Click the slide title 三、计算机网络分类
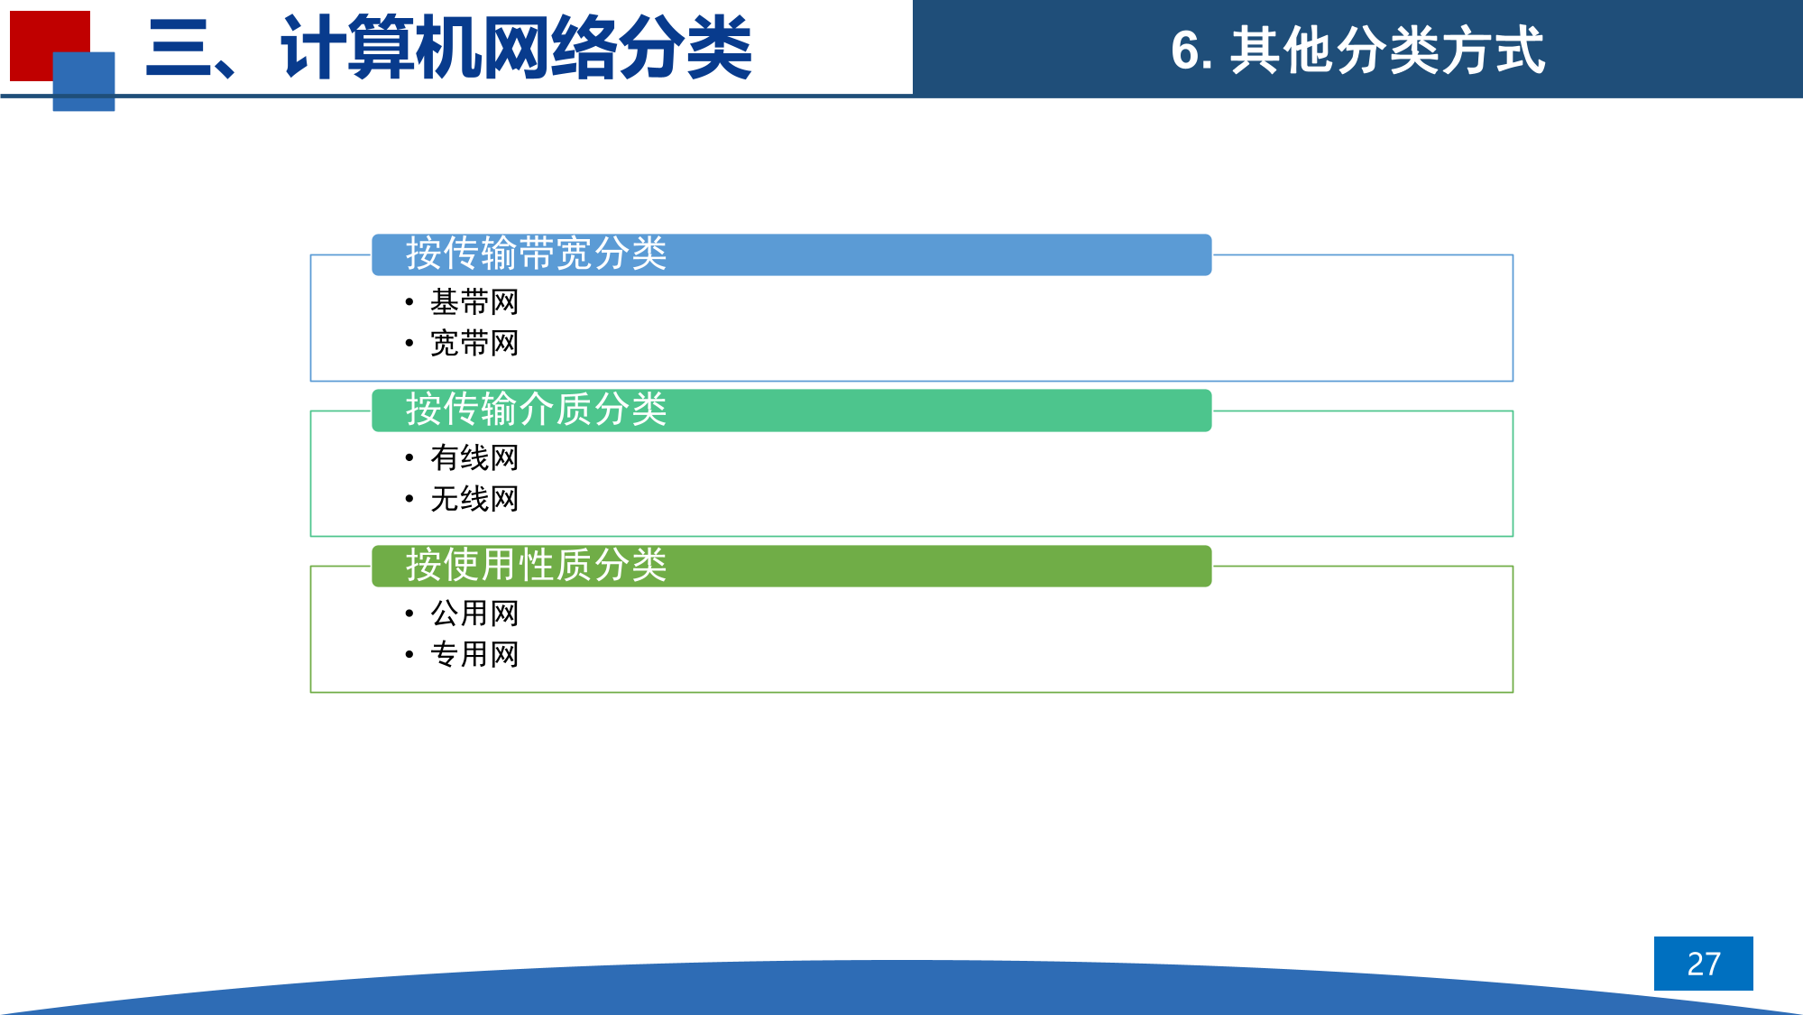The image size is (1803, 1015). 448,48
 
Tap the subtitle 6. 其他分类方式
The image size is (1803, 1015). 1357,51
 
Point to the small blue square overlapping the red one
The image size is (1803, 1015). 84,81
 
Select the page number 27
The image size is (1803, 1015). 1704,964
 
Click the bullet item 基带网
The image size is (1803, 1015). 474,302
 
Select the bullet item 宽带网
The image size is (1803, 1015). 474,344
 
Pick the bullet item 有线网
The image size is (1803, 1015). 474,458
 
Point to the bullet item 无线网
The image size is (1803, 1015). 474,499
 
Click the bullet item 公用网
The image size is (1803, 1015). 474,614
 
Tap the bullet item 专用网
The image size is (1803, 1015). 474,655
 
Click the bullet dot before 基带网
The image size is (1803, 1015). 409,302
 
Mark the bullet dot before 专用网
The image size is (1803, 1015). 409,655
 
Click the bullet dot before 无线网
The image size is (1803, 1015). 409,499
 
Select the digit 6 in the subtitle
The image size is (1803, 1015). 1185,51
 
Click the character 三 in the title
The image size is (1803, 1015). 179,49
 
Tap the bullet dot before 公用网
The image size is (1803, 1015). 409,614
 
